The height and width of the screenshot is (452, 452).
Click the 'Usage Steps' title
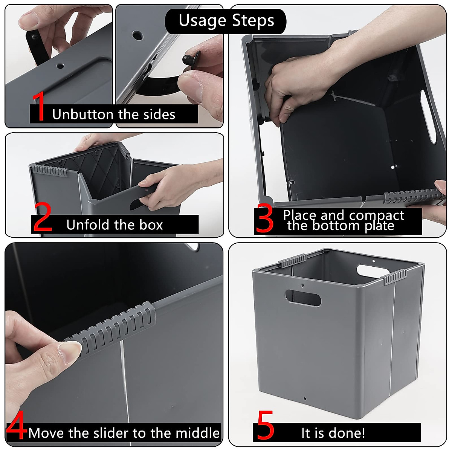[x=226, y=20]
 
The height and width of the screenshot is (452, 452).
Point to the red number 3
[x=264, y=220]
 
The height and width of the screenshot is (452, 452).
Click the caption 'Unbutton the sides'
[x=113, y=115]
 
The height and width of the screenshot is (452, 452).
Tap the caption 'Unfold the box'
[x=115, y=225]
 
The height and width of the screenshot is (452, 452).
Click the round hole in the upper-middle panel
[x=137, y=36]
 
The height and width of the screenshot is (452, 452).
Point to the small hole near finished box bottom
[x=305, y=399]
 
